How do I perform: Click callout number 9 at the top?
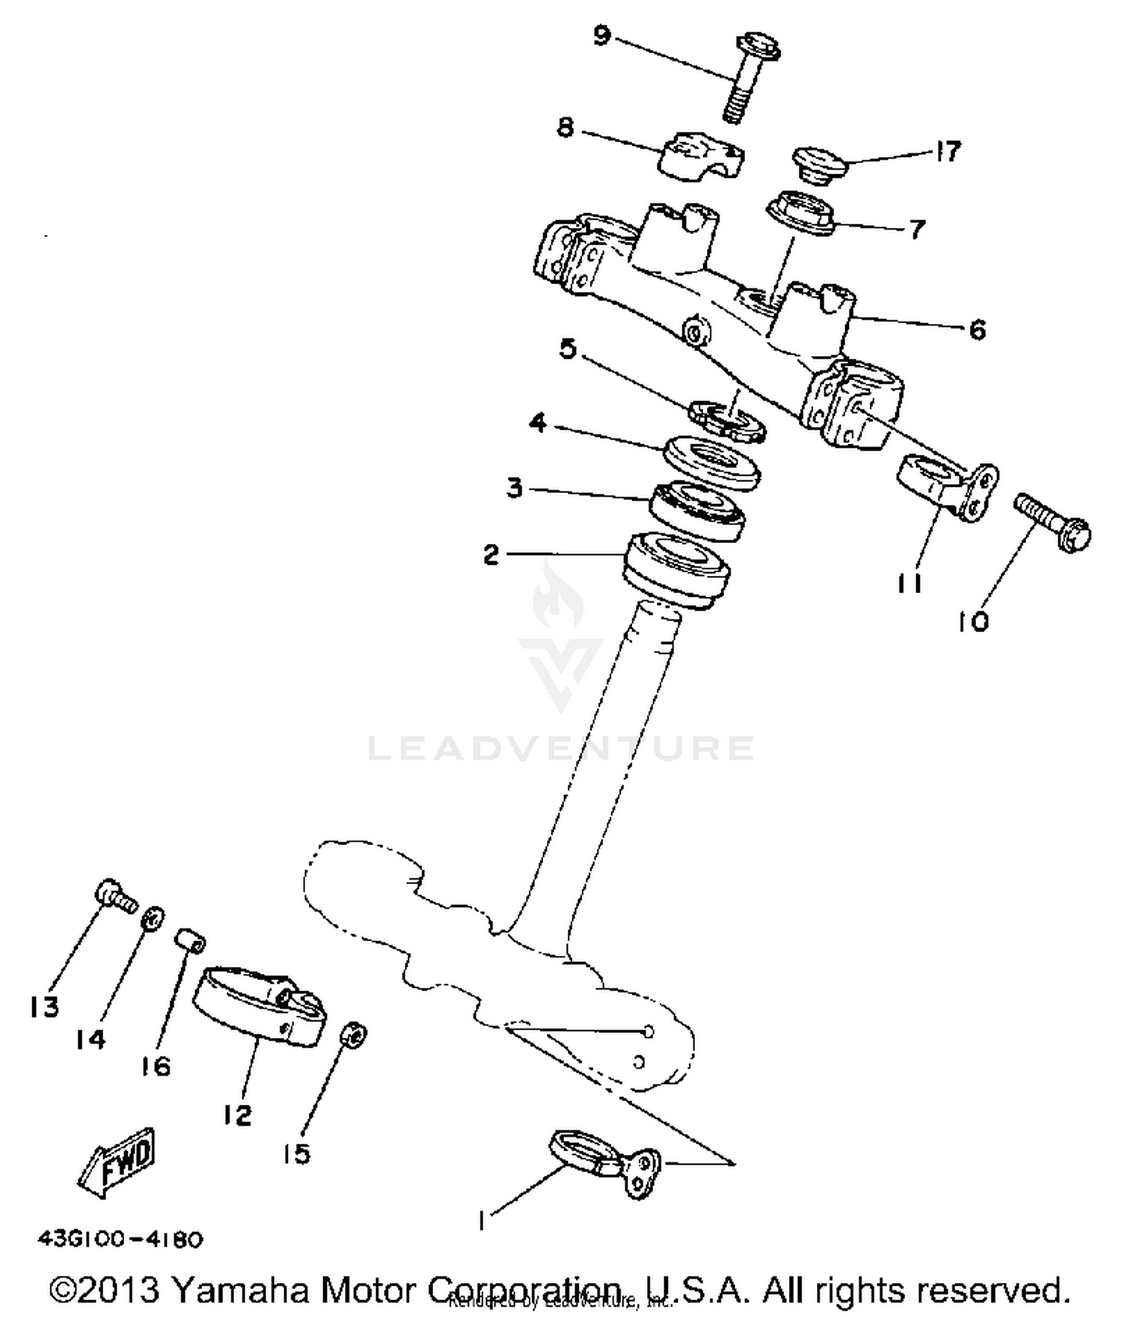click(602, 35)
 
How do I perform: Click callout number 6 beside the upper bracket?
click(977, 329)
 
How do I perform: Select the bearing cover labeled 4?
click(711, 462)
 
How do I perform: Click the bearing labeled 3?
click(696, 510)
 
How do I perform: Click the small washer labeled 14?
click(153, 917)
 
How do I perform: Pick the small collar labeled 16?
click(191, 942)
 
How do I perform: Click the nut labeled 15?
click(353, 1035)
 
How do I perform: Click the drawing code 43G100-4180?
click(120, 1239)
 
